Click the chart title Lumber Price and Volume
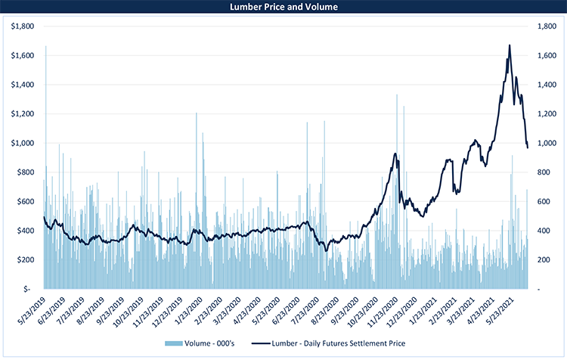pos(283,8)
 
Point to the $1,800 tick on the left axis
pos(24,26)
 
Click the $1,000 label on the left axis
pos(24,143)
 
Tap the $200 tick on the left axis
pos(26,259)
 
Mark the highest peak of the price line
pos(510,45)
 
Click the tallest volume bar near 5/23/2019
pos(46,47)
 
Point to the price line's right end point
pos(528,147)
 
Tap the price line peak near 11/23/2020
pos(395,154)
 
